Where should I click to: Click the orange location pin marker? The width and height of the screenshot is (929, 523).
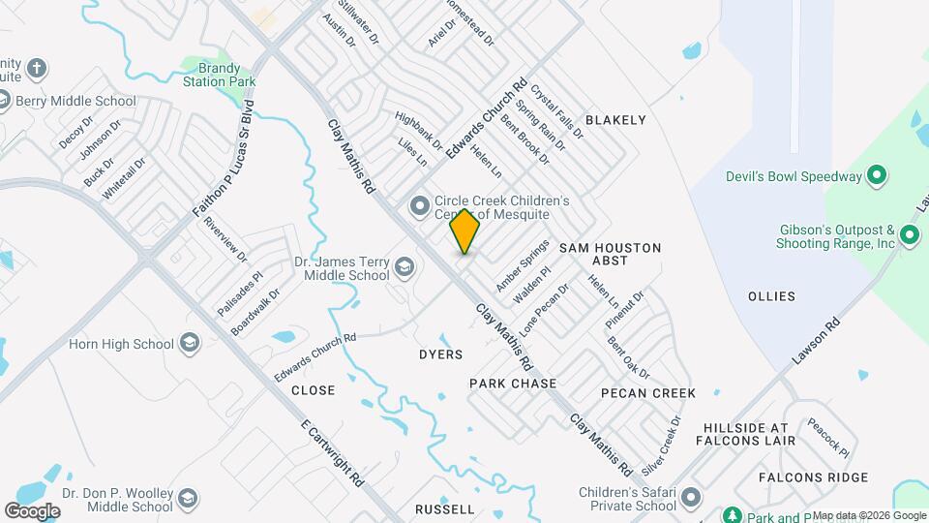[464, 231]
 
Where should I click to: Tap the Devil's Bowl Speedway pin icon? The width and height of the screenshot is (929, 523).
[876, 176]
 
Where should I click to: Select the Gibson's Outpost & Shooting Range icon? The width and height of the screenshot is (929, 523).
[909, 235]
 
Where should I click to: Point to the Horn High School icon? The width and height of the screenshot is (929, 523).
[191, 344]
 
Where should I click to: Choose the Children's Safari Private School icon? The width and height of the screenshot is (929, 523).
[690, 499]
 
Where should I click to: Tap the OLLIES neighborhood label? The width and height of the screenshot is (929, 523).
[771, 296]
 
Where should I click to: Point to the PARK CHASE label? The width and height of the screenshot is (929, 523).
[513, 384]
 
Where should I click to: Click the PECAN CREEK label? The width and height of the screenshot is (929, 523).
[647, 393]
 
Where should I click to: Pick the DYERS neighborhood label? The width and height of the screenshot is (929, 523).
[440, 354]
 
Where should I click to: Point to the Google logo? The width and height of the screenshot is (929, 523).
[33, 510]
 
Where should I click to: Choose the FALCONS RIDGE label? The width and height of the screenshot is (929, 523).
[804, 477]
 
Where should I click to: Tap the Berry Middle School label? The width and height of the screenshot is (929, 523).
[75, 101]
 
